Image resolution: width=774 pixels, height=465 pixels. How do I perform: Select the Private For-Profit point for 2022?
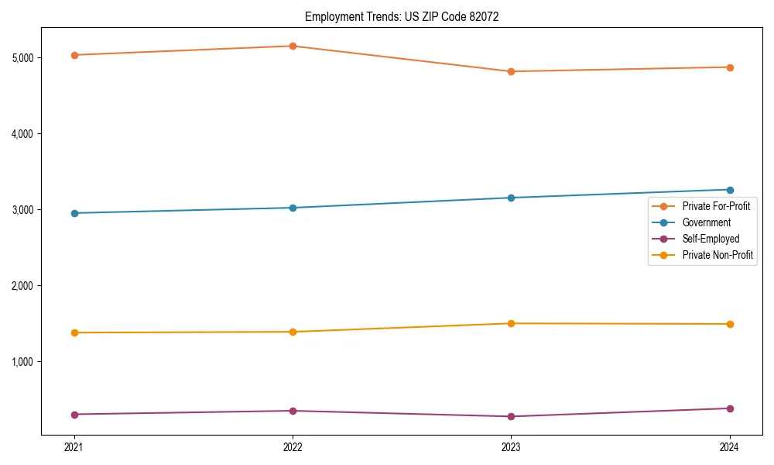tap(293, 46)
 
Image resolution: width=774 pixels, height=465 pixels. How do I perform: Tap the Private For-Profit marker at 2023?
tap(511, 71)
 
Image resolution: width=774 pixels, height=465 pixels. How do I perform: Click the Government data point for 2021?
tap(74, 213)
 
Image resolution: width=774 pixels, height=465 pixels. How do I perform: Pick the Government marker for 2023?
tap(511, 198)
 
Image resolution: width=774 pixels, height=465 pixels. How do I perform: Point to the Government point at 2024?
tap(730, 190)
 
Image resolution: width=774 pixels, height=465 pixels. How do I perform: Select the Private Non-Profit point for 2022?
tap(293, 332)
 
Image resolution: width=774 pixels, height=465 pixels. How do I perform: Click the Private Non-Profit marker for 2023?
tap(511, 323)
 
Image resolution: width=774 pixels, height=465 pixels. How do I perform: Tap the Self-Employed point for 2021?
tap(74, 415)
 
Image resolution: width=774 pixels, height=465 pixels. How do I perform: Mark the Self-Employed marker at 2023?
tap(511, 417)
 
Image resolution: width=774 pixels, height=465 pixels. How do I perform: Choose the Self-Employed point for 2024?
tap(730, 408)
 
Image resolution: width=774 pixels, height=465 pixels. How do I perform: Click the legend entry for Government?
tap(706, 222)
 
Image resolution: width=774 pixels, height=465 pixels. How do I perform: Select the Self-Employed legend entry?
tap(711, 239)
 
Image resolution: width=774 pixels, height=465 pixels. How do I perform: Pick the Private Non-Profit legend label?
tap(717, 255)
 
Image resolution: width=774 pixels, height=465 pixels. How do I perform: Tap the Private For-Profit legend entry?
tap(717, 206)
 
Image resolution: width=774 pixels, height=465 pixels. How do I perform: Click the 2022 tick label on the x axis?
tap(293, 447)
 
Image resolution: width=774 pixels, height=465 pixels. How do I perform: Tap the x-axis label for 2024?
tap(730, 447)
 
